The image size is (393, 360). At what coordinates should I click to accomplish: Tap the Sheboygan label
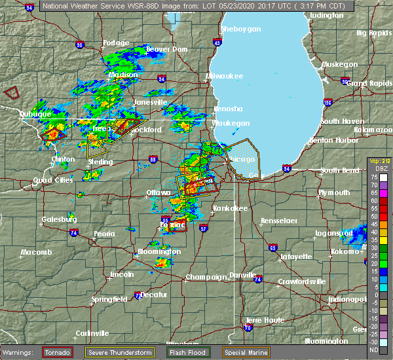241,29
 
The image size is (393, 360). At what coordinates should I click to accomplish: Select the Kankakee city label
228,208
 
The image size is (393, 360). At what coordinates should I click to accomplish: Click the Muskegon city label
340,64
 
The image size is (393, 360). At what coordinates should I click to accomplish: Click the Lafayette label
295,257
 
